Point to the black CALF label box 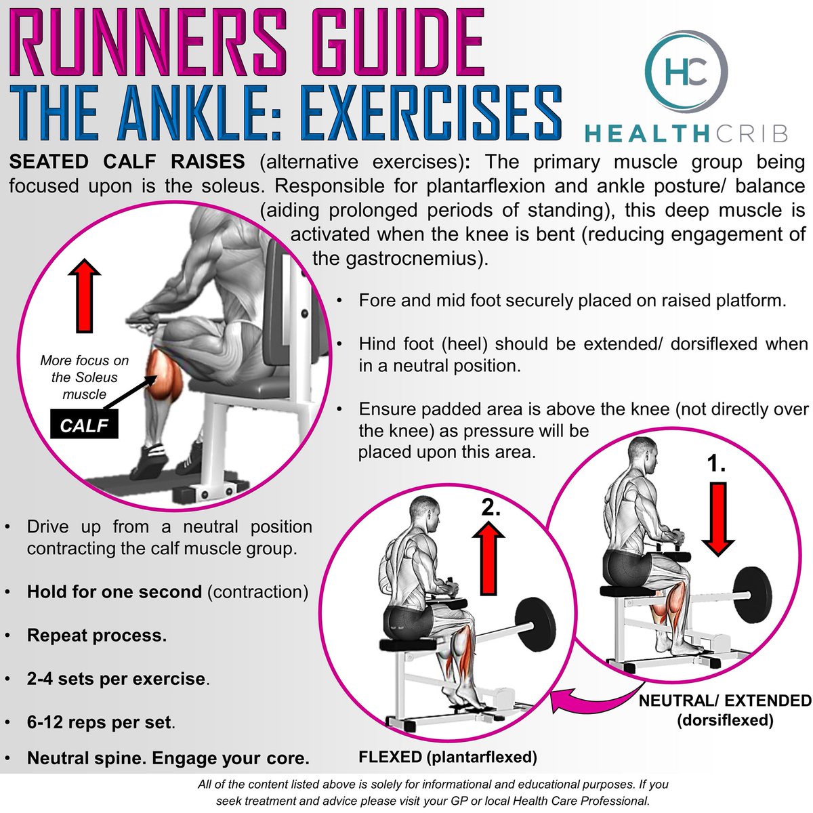(85, 426)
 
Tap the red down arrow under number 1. (718, 519)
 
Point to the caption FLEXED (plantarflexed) (447, 757)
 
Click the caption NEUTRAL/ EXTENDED (725, 701)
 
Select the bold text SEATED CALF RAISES (127, 162)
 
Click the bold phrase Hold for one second (114, 591)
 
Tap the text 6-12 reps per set (99, 722)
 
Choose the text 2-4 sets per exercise (116, 678)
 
